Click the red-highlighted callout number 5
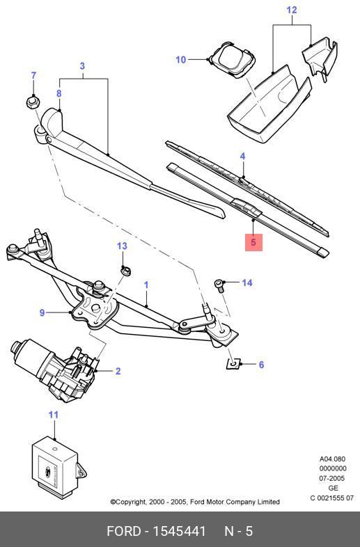253,242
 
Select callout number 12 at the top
292,10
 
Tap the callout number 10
181,60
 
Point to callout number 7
33,76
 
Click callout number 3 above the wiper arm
82,67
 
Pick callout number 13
122,246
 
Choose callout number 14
247,283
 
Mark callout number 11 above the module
54,415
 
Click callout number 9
42,313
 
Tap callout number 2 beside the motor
118,371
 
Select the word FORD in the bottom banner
123,532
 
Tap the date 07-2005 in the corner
333,479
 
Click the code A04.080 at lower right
333,459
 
